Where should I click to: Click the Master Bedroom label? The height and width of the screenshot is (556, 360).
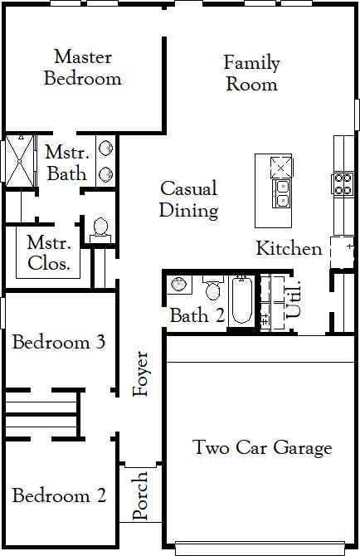[x=82, y=68]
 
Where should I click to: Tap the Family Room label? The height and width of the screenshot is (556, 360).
[x=251, y=73]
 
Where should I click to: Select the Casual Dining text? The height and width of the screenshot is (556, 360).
[x=189, y=199]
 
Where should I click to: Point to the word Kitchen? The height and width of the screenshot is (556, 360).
[x=289, y=248]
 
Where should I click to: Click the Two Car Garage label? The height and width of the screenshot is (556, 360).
[x=262, y=448]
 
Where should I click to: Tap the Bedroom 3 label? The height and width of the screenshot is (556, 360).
[x=58, y=342]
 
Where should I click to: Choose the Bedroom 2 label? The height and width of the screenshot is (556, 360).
[x=59, y=496]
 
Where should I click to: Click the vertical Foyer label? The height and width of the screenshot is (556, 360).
[x=142, y=373]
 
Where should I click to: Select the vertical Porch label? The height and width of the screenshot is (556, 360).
[x=140, y=496]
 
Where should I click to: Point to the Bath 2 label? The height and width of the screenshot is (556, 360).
[x=197, y=315]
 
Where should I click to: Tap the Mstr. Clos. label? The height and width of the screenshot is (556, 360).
[x=48, y=254]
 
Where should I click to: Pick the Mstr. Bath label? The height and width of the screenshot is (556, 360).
[x=66, y=163]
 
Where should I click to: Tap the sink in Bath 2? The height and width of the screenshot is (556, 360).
[x=178, y=285]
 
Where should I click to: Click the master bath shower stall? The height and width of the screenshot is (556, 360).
[x=18, y=159]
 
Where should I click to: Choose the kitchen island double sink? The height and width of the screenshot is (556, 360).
[x=282, y=193]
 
